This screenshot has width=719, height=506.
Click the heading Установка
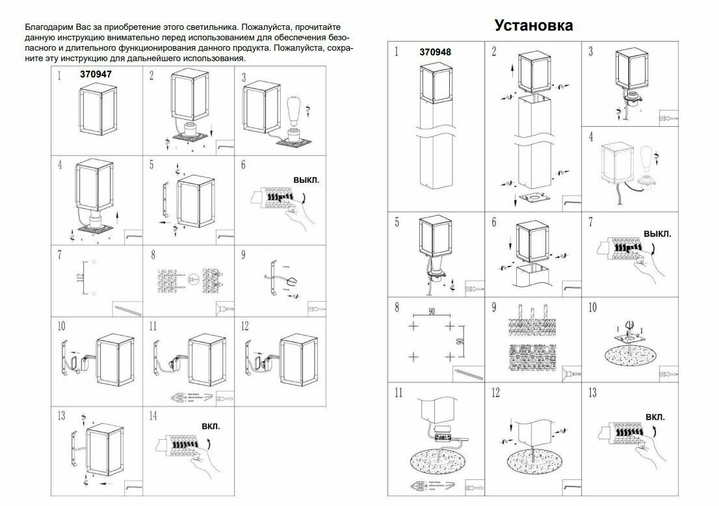(x=533, y=25)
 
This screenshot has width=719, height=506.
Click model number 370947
(x=96, y=74)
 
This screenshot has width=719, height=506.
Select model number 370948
(x=436, y=52)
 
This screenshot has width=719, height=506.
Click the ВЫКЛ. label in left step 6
(x=306, y=178)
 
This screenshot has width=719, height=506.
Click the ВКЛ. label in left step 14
(x=211, y=427)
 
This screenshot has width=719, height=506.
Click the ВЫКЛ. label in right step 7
(x=657, y=233)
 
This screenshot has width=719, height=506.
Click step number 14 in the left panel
(x=153, y=415)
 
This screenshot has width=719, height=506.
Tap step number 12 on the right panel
(x=495, y=393)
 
